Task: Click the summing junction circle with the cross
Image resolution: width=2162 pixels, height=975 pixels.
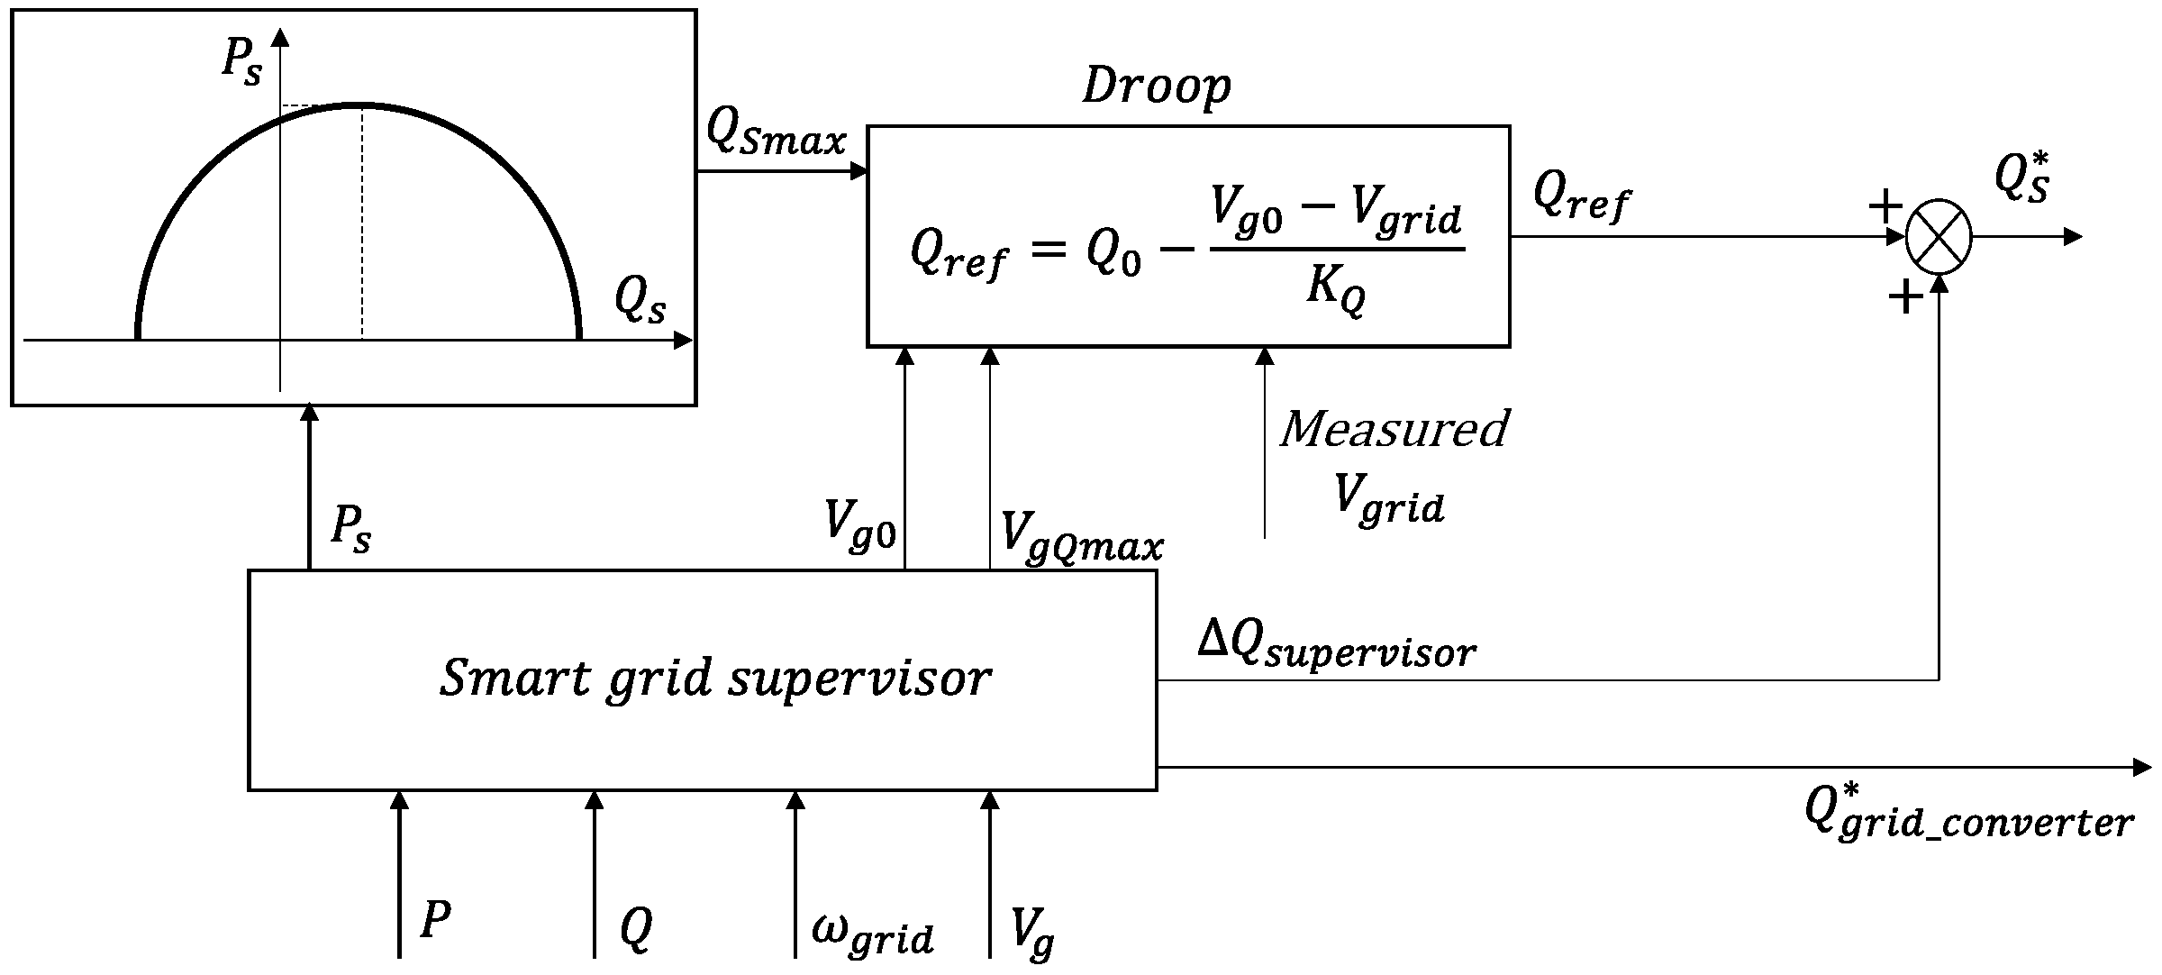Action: click(x=1939, y=237)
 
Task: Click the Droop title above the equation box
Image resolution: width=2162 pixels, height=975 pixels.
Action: click(x=1156, y=87)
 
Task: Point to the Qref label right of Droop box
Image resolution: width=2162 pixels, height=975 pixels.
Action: click(x=1581, y=195)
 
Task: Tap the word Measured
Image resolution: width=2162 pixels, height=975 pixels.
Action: click(x=1394, y=429)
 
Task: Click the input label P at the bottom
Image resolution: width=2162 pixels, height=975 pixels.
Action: click(x=435, y=922)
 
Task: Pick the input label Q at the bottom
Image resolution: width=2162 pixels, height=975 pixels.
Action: click(x=636, y=928)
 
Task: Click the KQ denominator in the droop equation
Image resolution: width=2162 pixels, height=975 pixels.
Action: click(x=1335, y=290)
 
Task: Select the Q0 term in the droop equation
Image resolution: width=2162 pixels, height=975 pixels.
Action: click(x=1113, y=251)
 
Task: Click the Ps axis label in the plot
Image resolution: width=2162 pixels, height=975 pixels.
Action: click(x=241, y=63)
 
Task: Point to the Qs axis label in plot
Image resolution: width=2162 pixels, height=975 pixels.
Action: click(x=640, y=300)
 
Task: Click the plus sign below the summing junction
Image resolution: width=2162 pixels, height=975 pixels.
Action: click(x=1904, y=297)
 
